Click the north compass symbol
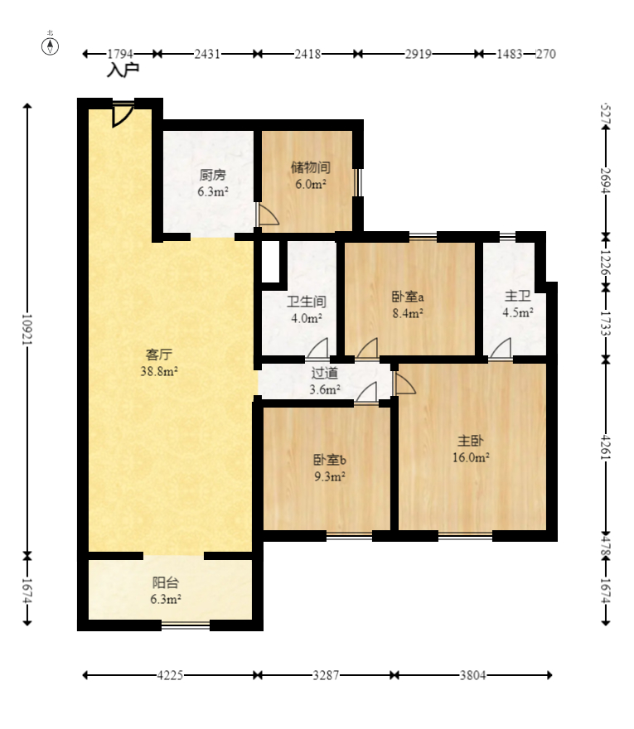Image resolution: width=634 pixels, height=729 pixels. [51, 46]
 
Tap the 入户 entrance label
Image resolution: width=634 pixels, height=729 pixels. [123, 70]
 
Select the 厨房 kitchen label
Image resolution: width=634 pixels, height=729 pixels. [212, 176]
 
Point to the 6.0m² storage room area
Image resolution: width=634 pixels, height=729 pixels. [311, 184]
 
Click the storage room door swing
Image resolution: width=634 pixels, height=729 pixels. [269, 215]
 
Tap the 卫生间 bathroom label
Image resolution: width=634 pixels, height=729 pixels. [307, 302]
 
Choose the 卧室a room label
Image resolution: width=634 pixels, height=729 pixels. [408, 297]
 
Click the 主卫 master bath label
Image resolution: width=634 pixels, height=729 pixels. [518, 296]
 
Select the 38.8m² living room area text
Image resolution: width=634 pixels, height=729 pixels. [159, 371]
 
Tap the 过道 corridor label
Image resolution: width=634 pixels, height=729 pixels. [324, 373]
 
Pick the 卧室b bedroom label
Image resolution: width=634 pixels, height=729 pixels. [329, 460]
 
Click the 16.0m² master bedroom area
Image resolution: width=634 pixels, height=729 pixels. [471, 457]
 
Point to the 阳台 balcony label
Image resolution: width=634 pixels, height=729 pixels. [166, 582]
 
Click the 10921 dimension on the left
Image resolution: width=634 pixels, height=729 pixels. [27, 330]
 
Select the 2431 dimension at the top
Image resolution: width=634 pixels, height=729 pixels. [207, 54]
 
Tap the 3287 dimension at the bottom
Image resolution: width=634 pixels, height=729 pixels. [326, 675]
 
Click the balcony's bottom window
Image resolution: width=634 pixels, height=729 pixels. [186, 625]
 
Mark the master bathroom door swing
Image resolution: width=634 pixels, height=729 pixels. [501, 349]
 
